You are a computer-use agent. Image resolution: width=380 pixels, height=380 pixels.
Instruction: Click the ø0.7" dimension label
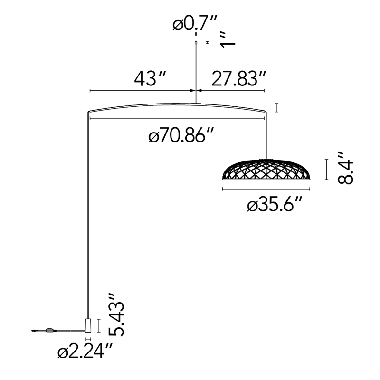[195, 23]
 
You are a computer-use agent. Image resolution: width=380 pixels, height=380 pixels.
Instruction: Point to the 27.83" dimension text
[238, 78]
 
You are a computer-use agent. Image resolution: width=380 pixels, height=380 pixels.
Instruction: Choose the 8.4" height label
[345, 168]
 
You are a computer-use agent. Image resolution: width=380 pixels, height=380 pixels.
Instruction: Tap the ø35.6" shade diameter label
[275, 206]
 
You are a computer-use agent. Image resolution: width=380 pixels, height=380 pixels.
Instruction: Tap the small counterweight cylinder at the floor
[89, 325]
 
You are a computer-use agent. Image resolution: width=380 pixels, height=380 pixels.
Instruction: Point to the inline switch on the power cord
[49, 330]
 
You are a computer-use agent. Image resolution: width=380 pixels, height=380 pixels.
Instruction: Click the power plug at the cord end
[33, 330]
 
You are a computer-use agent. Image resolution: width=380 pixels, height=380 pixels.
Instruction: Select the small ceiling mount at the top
[196, 43]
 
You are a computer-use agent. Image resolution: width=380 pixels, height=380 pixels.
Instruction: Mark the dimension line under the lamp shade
[267, 189]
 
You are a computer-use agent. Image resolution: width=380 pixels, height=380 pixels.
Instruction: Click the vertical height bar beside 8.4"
[326, 170]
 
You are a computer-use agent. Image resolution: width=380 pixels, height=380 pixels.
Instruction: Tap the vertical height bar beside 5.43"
[99, 325]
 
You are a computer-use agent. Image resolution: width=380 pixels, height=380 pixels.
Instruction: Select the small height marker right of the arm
[276, 108]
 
